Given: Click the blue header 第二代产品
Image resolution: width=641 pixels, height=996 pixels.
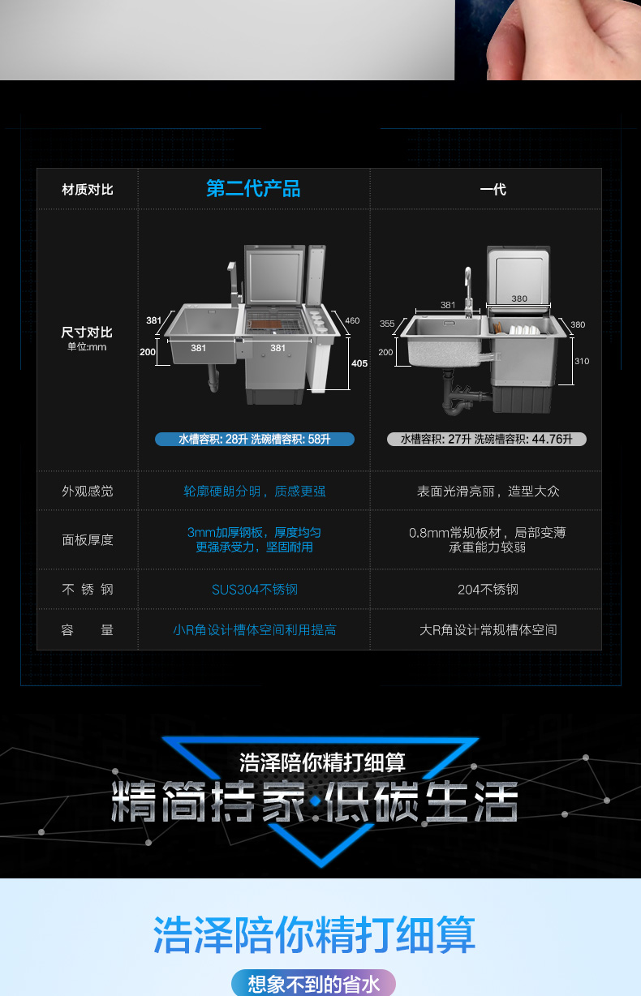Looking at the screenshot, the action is click(253, 188).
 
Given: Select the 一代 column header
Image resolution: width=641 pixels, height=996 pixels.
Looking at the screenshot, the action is click(493, 190).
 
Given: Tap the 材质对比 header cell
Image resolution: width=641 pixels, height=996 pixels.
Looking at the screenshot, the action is click(87, 190).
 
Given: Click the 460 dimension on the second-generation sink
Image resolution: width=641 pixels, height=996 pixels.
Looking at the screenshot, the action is click(352, 320).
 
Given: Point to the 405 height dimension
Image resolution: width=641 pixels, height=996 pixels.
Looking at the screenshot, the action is click(359, 363).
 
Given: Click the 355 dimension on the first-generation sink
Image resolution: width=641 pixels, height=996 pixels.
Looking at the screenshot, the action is click(387, 324).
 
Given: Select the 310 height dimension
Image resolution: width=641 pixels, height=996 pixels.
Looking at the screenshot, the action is click(582, 361).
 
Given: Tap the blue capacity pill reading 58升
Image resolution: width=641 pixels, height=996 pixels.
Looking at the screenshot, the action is click(255, 440).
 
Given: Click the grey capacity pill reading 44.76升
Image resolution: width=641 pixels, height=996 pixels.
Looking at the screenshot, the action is click(487, 440).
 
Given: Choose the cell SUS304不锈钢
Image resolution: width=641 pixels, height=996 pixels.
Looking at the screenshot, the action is click(255, 590).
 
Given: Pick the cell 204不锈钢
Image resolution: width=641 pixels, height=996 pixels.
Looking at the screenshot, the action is click(488, 590).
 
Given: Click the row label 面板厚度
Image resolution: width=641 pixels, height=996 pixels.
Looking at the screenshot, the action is click(87, 540).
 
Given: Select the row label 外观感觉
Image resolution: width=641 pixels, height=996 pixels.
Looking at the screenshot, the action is click(87, 492).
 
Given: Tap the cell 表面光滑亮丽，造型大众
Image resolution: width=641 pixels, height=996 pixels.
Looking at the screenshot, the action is click(488, 492).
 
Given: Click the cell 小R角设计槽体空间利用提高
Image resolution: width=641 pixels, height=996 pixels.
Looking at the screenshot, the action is click(255, 630).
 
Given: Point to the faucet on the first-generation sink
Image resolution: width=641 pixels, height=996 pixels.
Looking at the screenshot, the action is click(468, 291).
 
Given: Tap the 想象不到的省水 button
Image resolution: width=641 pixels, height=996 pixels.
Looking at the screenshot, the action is click(314, 984).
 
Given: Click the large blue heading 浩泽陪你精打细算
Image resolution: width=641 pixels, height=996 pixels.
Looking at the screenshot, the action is click(314, 934).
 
